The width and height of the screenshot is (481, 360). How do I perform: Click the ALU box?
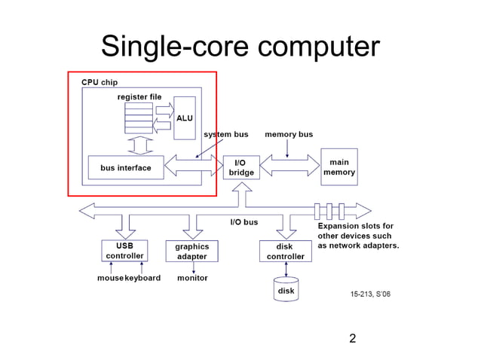185,117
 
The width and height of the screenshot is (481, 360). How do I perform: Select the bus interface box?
126,168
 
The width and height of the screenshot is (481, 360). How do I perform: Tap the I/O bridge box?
240,167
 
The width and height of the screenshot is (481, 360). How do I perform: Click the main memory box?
339,167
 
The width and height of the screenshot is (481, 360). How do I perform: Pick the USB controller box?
124,251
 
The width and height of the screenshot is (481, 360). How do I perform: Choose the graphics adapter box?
191,251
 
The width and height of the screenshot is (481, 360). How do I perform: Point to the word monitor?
192,278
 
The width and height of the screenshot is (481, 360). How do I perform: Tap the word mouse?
110,278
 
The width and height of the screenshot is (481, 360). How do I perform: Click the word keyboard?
142,278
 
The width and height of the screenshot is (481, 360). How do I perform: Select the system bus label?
226,135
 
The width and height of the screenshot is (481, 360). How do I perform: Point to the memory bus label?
289,135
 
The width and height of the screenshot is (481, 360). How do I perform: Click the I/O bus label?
244,222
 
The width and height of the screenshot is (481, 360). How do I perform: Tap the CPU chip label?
100,82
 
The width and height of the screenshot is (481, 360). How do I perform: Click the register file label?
139,97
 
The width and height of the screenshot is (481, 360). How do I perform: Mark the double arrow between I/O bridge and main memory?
289,166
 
